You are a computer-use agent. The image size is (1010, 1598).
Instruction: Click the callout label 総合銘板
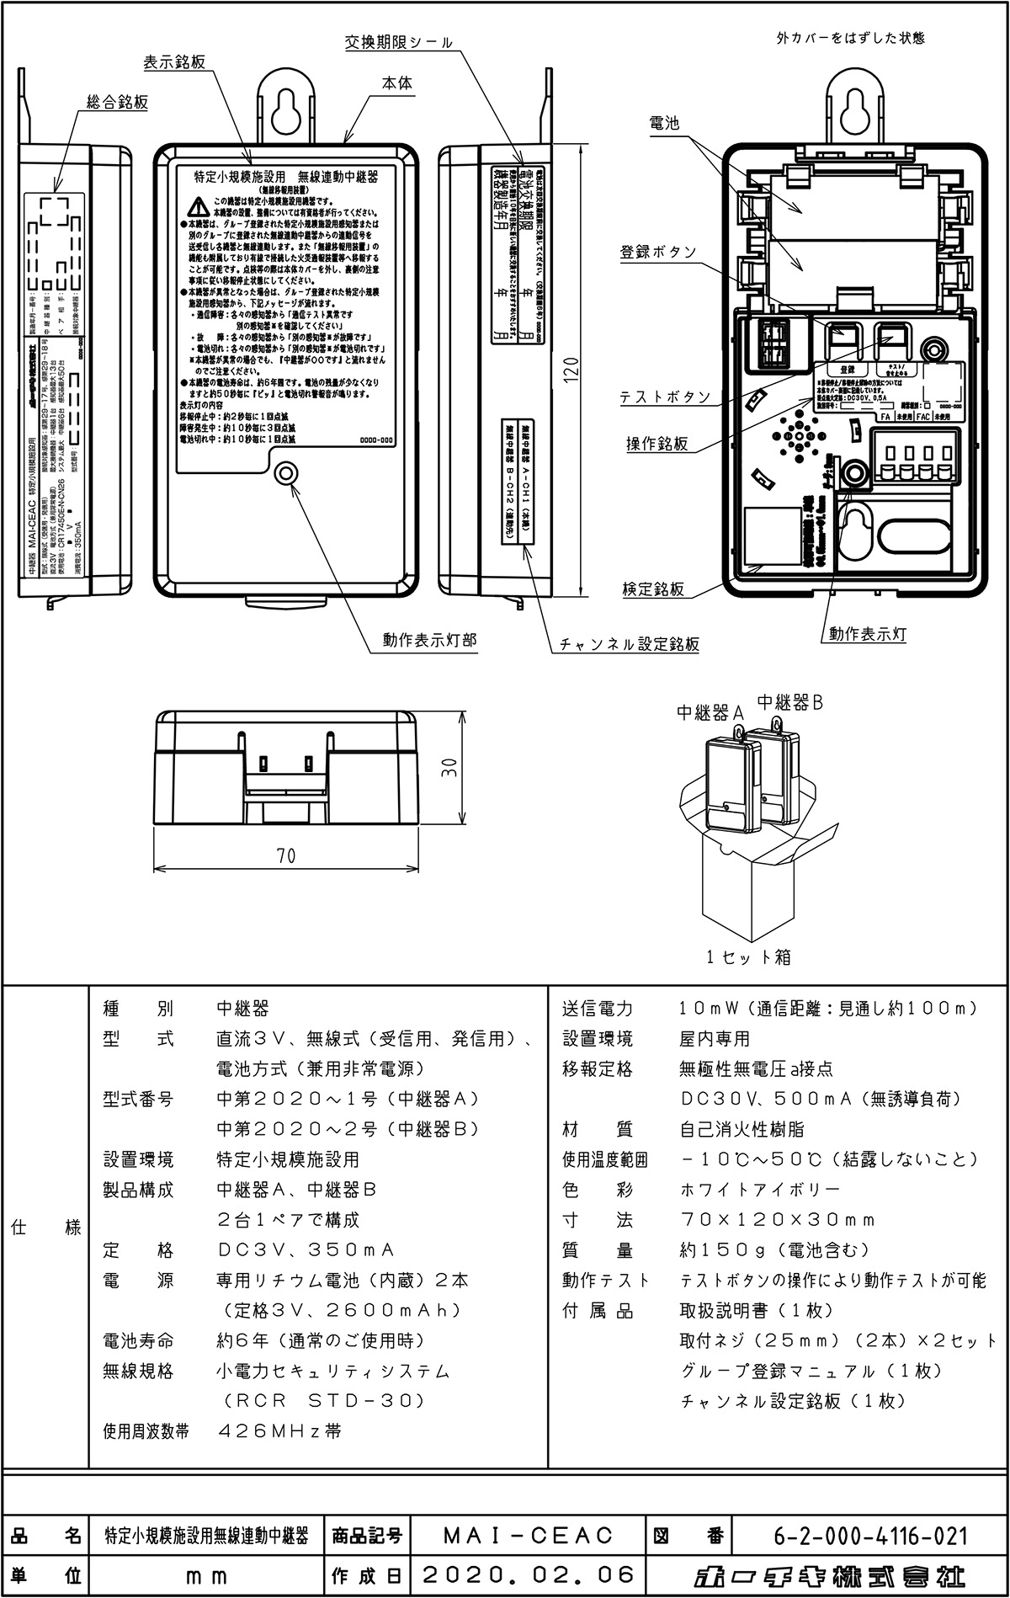pyautogui.click(x=118, y=103)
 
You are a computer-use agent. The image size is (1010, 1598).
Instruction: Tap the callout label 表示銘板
pyautogui.click(x=174, y=63)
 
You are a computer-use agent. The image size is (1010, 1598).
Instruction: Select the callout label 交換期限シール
pyautogui.click(x=399, y=42)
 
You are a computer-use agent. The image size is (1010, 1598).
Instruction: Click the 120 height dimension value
pyautogui.click(x=571, y=370)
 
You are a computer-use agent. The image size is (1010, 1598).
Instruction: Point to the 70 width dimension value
pyautogui.click(x=286, y=855)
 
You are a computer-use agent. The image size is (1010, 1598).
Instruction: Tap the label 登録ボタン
pyautogui.click(x=658, y=252)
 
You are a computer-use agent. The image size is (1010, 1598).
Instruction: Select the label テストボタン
pyautogui.click(x=665, y=397)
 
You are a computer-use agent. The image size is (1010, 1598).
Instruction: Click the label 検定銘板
pyautogui.click(x=653, y=589)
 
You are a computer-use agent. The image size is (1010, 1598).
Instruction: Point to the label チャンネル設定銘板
pyautogui.click(x=630, y=645)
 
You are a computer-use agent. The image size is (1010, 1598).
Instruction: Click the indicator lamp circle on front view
pyautogui.click(x=287, y=473)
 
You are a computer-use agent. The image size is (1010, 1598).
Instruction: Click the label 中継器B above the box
pyautogui.click(x=789, y=701)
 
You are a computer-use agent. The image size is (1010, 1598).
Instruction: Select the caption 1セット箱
pyautogui.click(x=748, y=956)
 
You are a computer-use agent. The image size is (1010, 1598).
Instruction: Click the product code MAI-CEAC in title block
pyautogui.click(x=529, y=1536)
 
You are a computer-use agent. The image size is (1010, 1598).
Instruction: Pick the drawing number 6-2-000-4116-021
pyautogui.click(x=870, y=1536)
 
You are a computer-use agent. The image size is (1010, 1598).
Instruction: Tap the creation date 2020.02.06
pyautogui.click(x=529, y=1574)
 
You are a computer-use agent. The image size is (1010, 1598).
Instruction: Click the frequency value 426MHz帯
pyautogui.click(x=279, y=1431)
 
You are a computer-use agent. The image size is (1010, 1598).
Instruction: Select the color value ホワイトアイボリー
pyautogui.click(x=759, y=1190)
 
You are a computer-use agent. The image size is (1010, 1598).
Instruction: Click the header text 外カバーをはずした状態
pyautogui.click(x=850, y=38)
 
